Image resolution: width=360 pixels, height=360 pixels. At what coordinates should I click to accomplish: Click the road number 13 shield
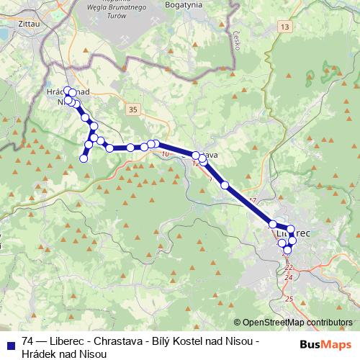point(286,27)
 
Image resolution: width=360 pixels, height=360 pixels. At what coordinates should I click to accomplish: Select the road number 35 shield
point(132,108)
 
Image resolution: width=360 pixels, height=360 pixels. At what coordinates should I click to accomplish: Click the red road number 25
point(289,298)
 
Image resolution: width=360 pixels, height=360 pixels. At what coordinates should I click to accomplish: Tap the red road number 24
point(289,277)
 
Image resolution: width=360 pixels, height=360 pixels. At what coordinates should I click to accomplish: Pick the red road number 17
point(251,200)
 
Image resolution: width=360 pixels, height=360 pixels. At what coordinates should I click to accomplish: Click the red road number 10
point(166,154)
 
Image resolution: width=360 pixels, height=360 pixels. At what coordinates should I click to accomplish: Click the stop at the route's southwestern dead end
point(84,158)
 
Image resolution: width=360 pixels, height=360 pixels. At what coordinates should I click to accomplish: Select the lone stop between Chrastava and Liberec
point(225,185)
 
